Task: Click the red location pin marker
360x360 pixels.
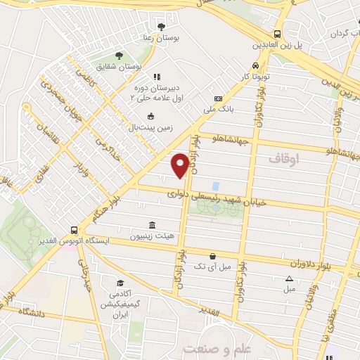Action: pyautogui.click(x=180, y=165)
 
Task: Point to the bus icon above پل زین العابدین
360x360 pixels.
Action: pyautogui.click(x=278, y=33)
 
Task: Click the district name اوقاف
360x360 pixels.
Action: pyautogui.click(x=283, y=160)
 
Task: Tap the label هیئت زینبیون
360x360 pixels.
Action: pyautogui.click(x=169, y=236)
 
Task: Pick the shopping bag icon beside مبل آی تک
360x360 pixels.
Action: pyautogui.click(x=212, y=257)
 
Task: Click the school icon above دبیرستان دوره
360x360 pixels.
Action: pyautogui.click(x=157, y=76)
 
